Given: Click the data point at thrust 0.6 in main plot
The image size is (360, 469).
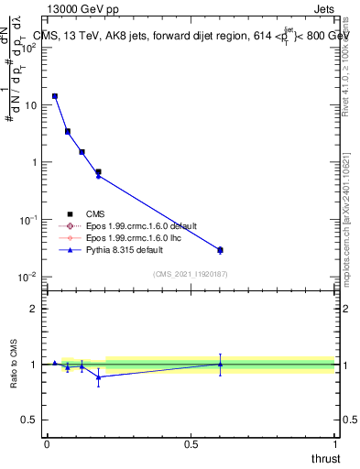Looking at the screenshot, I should click(x=220, y=249).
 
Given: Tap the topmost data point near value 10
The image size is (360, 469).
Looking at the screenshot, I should click(x=55, y=96).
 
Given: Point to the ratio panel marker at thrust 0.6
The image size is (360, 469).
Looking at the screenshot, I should click(x=220, y=364).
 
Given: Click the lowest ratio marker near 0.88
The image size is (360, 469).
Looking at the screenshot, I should click(x=98, y=376).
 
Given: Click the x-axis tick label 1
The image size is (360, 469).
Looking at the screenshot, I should click(x=334, y=444).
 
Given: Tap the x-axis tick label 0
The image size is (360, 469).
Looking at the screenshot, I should click(x=47, y=444).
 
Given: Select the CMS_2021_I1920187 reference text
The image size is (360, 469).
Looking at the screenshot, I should click(x=190, y=275).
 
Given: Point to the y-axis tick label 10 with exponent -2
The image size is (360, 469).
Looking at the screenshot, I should click(x=27, y=277).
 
